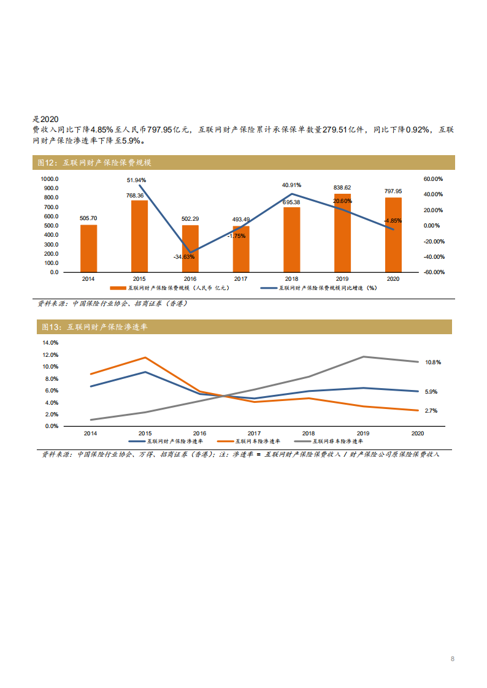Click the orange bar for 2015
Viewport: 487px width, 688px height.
(x=139, y=236)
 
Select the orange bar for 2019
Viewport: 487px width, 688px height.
(x=342, y=233)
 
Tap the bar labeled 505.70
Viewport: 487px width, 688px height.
(x=88, y=248)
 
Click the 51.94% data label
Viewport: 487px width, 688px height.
(x=136, y=180)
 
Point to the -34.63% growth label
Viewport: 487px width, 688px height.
(x=183, y=256)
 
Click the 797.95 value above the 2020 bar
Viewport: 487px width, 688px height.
(x=393, y=191)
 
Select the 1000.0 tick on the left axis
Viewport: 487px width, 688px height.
(x=50, y=179)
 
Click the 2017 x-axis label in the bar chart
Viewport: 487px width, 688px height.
(x=240, y=279)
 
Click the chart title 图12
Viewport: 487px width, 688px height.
(x=94, y=163)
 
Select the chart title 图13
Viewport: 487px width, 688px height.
(x=94, y=327)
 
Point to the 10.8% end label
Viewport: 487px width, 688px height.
(x=433, y=362)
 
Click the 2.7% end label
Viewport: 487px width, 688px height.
(x=431, y=411)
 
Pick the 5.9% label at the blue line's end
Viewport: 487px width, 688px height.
(x=431, y=391)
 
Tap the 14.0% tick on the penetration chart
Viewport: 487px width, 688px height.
(x=50, y=343)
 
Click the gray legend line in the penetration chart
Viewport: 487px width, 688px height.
(x=302, y=441)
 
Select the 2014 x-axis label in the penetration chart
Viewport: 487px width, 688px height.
(x=90, y=433)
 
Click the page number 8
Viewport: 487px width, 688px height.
(x=453, y=659)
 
